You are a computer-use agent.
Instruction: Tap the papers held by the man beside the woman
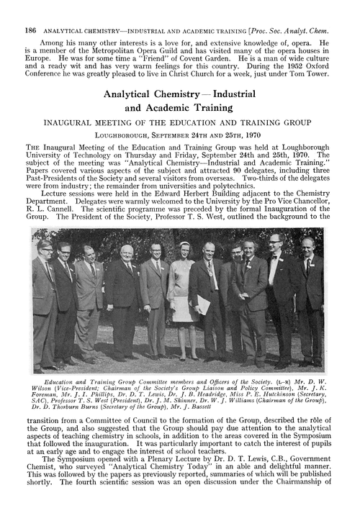click(x=204, y=304)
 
